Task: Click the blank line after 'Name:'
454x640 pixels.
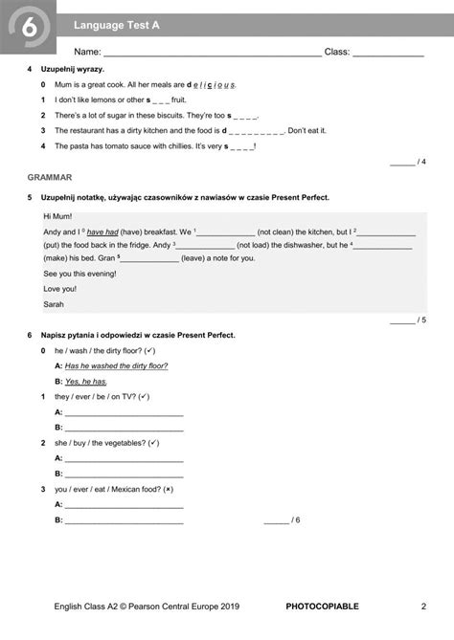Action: pyautogui.click(x=212, y=53)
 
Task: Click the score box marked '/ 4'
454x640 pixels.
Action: pyautogui.click(x=409, y=162)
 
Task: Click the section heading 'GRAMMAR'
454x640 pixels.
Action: pyautogui.click(x=50, y=178)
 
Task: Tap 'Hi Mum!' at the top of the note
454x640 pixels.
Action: pyautogui.click(x=57, y=216)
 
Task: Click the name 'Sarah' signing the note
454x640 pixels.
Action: pyautogui.click(x=55, y=304)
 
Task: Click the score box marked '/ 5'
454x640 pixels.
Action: pyautogui.click(x=409, y=320)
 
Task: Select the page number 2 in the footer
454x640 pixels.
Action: pyautogui.click(x=423, y=607)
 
